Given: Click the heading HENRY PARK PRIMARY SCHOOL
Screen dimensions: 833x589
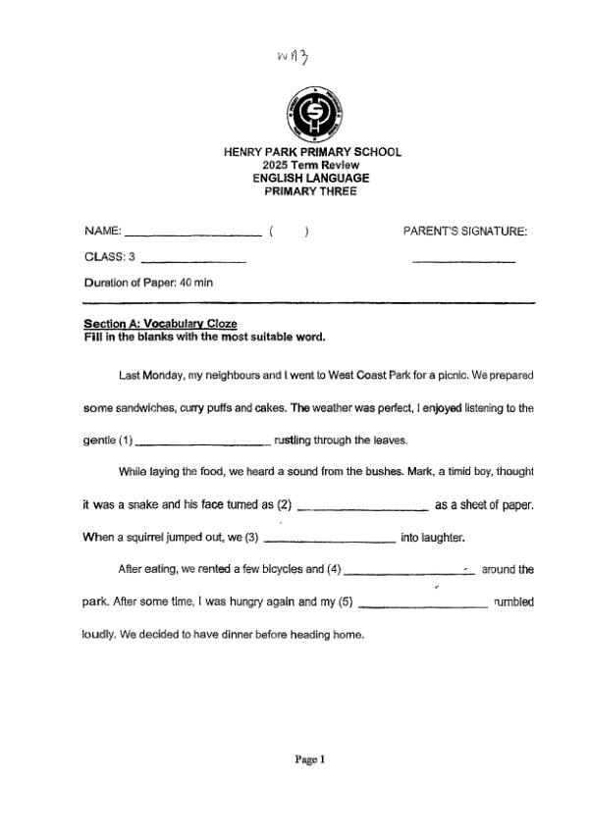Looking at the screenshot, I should tap(312, 152).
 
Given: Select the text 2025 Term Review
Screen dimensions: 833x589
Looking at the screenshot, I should tap(312, 165).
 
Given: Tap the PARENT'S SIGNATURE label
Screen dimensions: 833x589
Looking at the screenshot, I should tap(465, 232).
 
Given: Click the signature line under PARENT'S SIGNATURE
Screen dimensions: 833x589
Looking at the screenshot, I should tap(464, 261).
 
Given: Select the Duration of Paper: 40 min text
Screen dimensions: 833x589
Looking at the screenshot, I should tap(148, 283).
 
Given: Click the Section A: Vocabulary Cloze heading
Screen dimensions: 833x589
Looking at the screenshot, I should tap(160, 324).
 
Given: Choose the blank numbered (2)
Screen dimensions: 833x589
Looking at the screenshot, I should tap(361, 507).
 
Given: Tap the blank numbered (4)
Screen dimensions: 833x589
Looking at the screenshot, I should tap(409, 571).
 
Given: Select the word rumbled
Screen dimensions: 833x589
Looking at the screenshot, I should tap(513, 601).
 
